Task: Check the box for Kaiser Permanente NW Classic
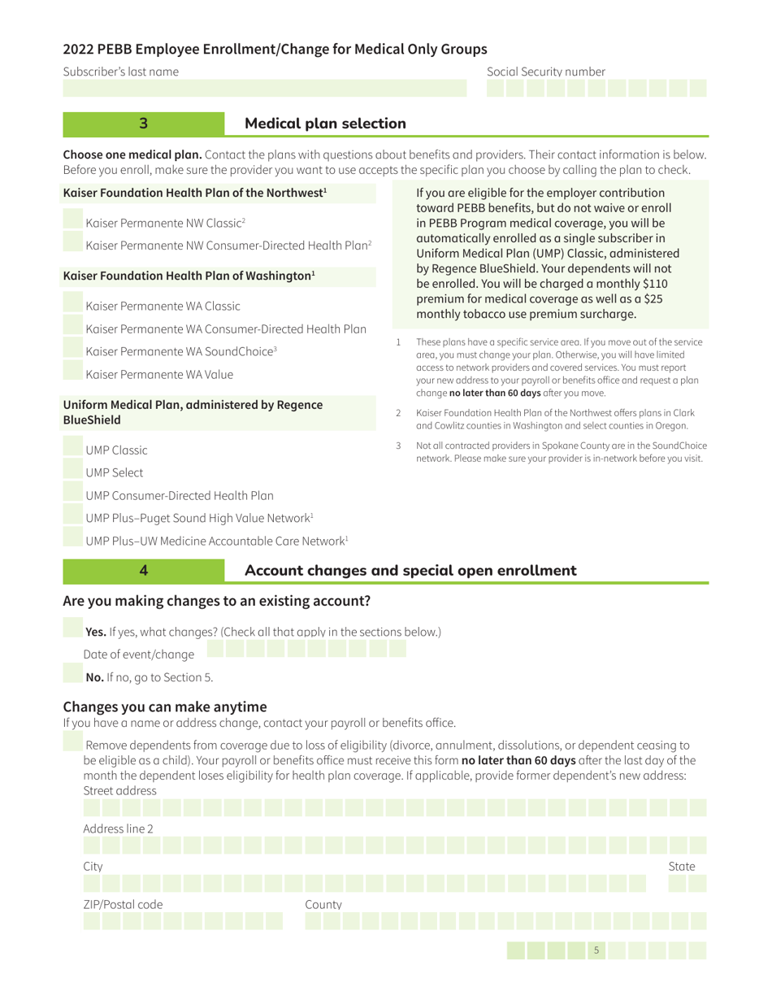click(72, 222)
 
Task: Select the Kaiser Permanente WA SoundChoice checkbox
click(72, 351)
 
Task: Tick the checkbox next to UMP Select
click(72, 472)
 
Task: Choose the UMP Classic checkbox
click(72, 449)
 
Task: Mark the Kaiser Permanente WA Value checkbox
click(72, 374)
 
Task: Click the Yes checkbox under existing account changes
click(72, 631)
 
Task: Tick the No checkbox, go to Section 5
click(72, 676)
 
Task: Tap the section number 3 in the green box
click(143, 124)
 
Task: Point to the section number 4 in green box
click(143, 571)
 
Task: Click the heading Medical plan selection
click(325, 124)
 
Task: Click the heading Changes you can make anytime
click(164, 706)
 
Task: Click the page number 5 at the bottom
click(596, 950)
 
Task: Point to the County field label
click(323, 904)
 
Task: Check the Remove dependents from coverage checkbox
click(72, 744)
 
